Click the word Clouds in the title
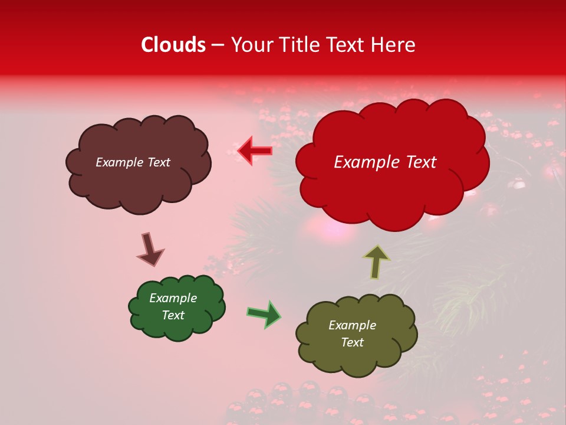173,45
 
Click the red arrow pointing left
255,151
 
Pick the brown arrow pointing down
150,249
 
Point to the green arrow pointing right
264,314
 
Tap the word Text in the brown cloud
157,162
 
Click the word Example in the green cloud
173,298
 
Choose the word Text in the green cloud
173,315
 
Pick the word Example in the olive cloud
352,325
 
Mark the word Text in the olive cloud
353,342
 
